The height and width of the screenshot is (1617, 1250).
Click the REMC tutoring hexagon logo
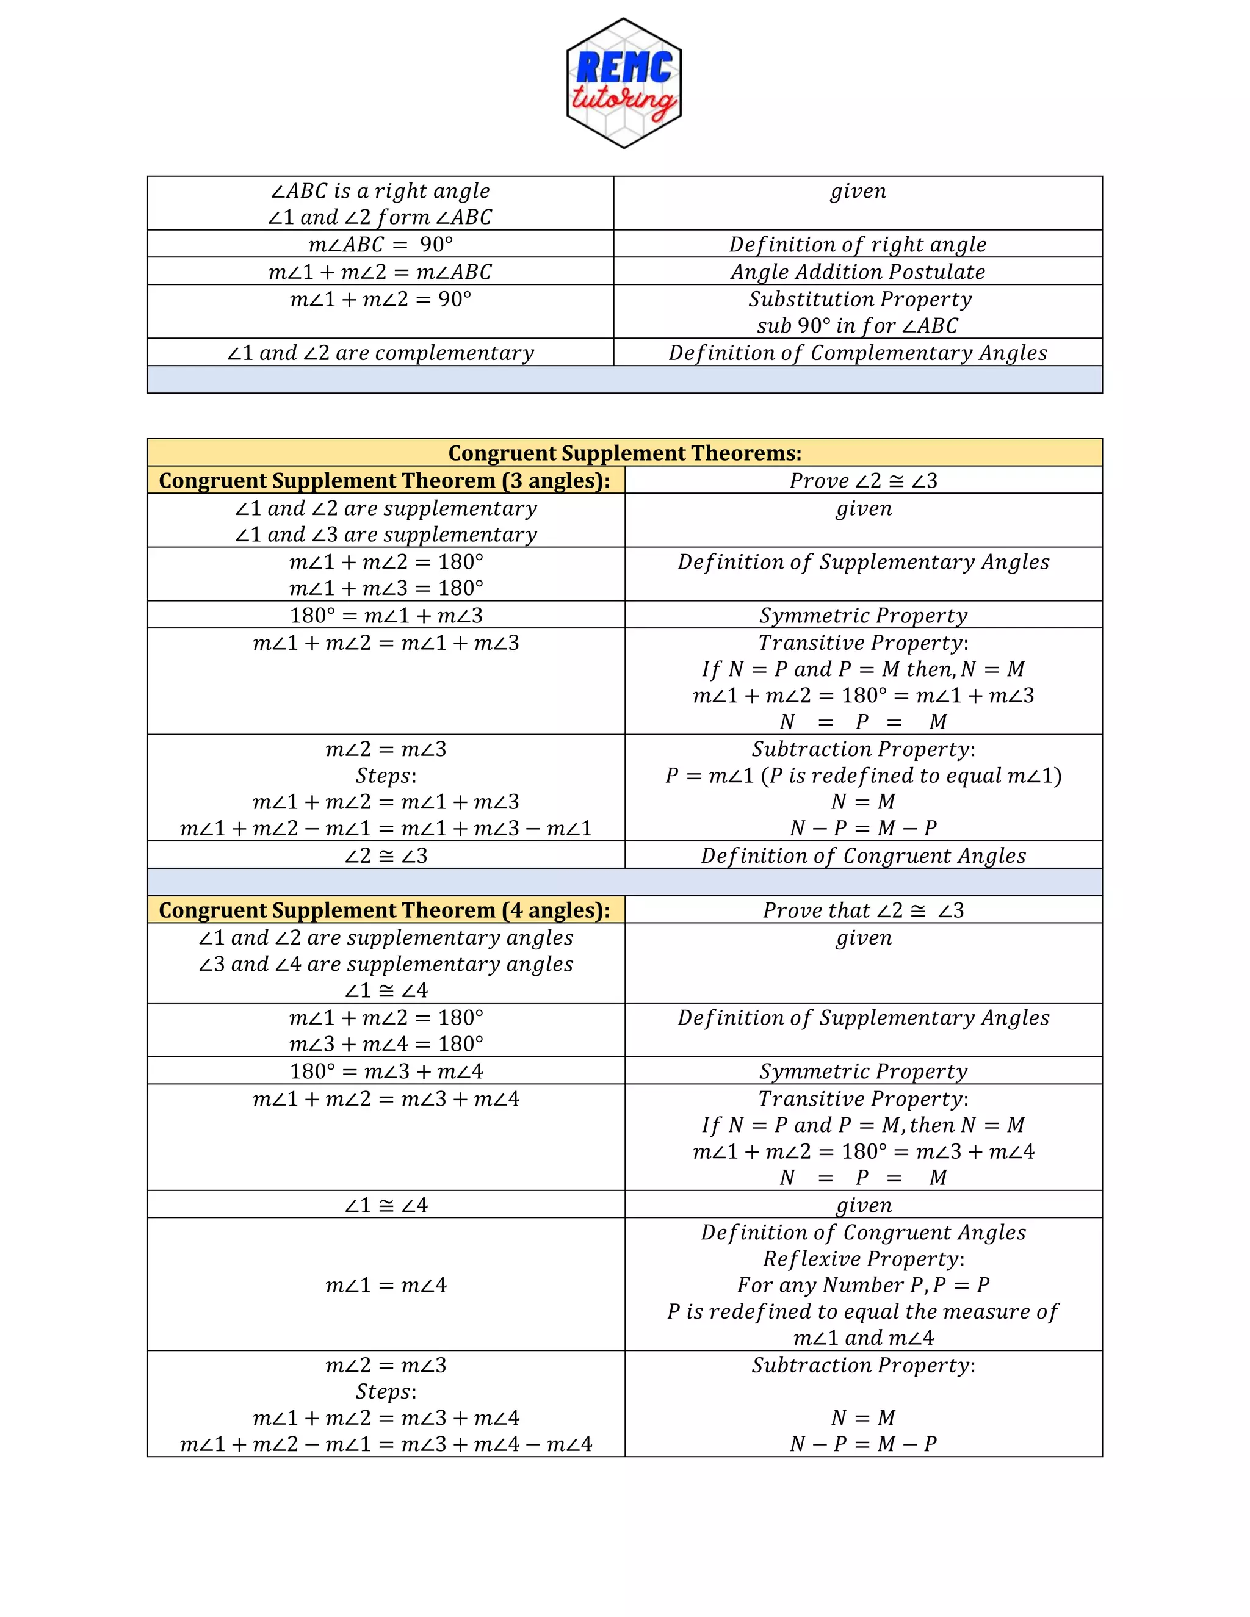[624, 83]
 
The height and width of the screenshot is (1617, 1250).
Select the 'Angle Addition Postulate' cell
[858, 272]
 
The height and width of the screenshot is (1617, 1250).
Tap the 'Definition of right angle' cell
[858, 244]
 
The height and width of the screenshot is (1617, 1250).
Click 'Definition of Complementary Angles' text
[858, 353]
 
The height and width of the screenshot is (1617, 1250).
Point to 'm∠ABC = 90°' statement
[381, 244]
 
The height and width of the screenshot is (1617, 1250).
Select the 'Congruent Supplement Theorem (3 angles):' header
[385, 480]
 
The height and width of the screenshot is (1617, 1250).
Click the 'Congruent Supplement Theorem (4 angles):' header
[385, 910]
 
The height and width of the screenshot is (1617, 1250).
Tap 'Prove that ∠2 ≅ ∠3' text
[864, 910]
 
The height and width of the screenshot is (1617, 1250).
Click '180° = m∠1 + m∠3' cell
[386, 615]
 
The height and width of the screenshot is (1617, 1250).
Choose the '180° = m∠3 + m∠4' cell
[386, 1071]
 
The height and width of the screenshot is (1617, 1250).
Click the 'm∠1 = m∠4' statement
[386, 1285]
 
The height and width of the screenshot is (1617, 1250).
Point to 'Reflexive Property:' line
[864, 1259]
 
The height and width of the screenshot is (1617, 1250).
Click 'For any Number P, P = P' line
[864, 1284]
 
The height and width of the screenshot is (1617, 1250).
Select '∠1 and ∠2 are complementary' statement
[381, 353]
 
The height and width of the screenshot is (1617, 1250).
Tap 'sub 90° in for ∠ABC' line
[858, 326]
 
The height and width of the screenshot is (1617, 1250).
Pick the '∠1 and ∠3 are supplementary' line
[386, 535]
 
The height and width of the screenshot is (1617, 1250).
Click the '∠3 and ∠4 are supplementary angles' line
[386, 964]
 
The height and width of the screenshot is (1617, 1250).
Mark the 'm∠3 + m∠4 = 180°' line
[386, 1044]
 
